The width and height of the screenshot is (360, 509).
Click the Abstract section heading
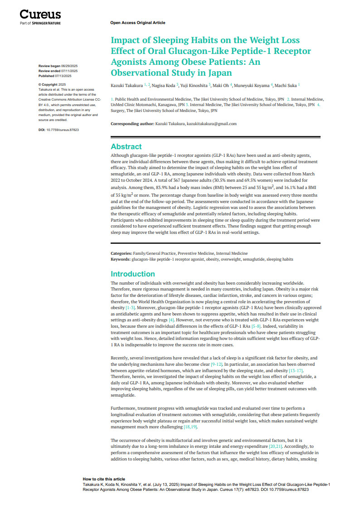tap(126, 146)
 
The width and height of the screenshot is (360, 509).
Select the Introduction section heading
tap(133, 274)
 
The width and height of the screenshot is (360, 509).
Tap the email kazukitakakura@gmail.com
tap(211, 124)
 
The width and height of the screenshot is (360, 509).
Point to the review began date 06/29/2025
tap(69, 66)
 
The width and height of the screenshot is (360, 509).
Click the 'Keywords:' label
tap(121, 259)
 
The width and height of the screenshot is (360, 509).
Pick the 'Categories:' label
tap(122, 253)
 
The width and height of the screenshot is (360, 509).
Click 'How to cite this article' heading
tap(104, 479)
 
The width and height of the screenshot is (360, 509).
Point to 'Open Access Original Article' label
tap(137, 23)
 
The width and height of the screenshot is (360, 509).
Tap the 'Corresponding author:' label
tap(132, 124)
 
